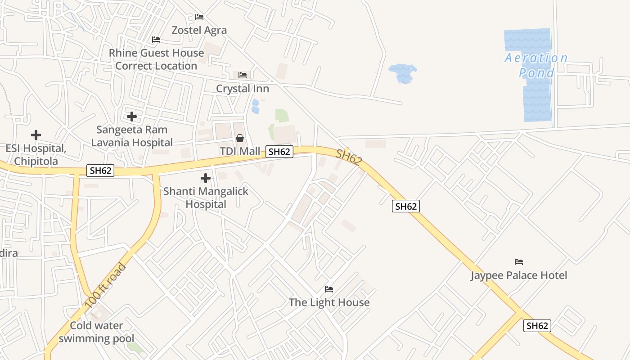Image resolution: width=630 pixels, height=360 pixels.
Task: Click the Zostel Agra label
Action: point(199,30)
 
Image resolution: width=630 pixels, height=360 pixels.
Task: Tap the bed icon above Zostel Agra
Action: point(199,17)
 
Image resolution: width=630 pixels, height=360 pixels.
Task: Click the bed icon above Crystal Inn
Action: point(243,75)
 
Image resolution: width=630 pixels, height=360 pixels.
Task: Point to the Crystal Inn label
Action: point(243,89)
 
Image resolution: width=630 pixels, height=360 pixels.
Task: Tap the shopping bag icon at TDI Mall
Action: point(240,138)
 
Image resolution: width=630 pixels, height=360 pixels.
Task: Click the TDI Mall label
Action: point(240,151)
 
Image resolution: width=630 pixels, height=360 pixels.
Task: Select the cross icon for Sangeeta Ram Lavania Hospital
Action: point(132,117)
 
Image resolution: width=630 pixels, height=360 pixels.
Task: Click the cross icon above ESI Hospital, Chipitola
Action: point(36,135)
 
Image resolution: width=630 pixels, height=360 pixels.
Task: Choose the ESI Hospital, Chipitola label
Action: point(36,154)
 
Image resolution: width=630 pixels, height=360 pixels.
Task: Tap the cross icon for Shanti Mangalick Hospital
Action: point(206,178)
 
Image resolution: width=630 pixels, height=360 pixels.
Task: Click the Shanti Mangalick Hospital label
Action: point(206,198)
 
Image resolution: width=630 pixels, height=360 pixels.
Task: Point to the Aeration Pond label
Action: point(536,65)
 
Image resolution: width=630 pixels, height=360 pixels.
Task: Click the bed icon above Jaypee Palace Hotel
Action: point(519,262)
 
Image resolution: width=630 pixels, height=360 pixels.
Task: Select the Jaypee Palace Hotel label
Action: point(519,275)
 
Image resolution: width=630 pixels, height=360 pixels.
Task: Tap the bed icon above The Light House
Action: point(329,289)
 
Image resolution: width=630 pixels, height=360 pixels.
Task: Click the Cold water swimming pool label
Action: point(96,332)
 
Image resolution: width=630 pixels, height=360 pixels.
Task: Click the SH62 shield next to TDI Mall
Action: point(279,152)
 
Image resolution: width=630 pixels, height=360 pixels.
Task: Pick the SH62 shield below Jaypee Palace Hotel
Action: point(537,326)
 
